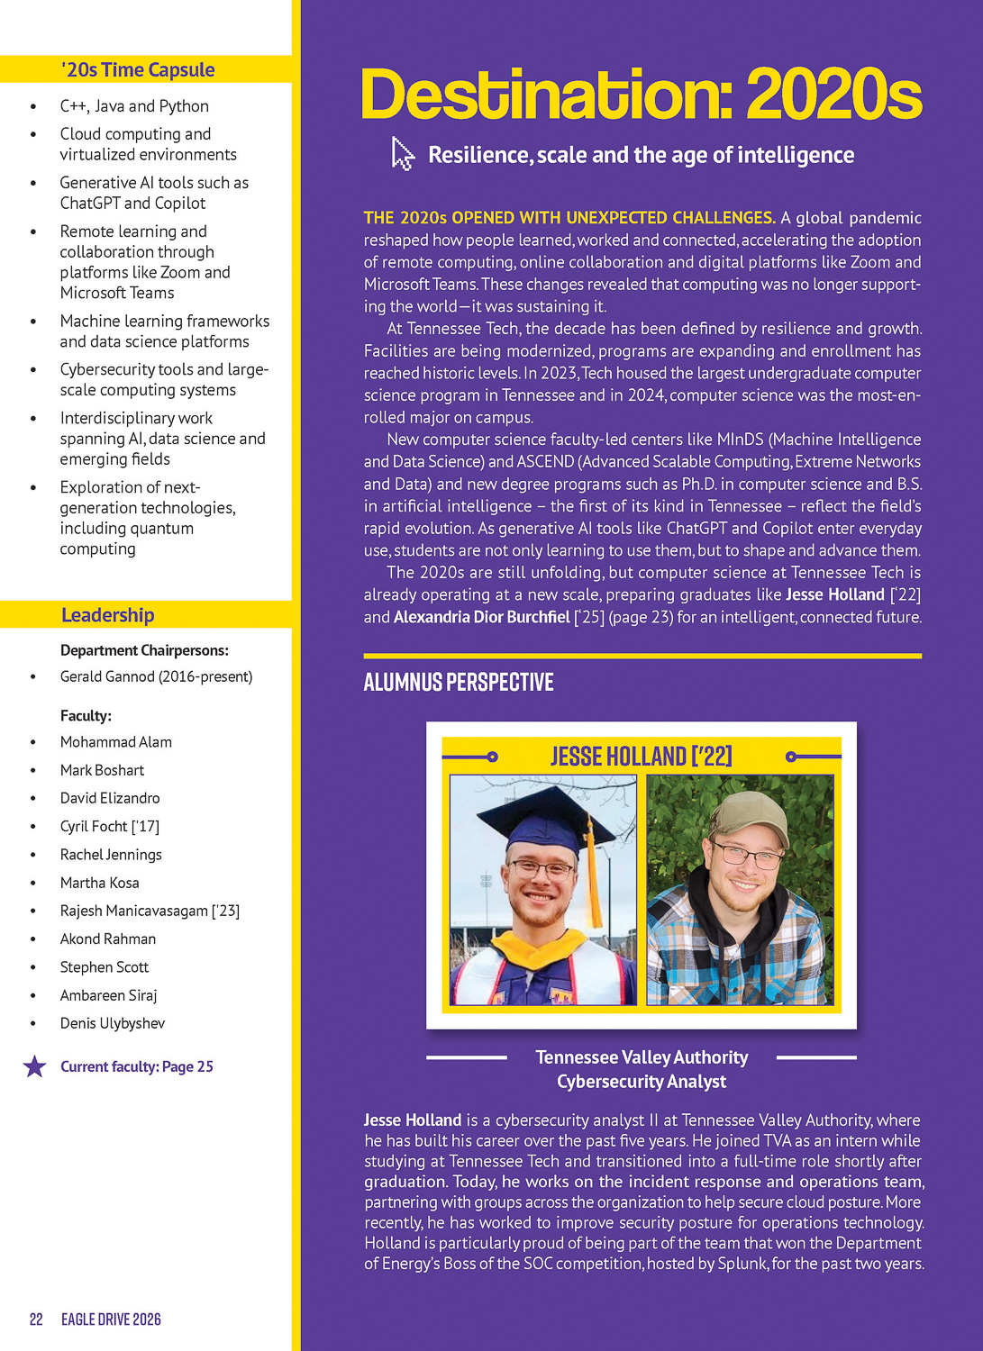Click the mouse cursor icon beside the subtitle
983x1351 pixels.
402,154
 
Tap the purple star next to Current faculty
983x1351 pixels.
34,1067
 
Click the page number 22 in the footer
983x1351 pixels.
36,1319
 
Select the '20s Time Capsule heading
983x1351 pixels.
138,70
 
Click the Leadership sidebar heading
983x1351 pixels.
108,615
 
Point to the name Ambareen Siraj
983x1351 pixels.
108,995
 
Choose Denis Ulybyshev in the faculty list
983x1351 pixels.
113,1023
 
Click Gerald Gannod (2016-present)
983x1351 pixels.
156,676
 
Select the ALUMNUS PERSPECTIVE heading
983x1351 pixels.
459,682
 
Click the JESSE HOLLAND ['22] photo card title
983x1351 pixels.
641,756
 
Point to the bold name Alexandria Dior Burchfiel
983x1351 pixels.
482,617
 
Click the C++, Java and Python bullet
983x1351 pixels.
134,106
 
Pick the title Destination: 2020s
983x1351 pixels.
641,95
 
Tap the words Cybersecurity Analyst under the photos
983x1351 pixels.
641,1082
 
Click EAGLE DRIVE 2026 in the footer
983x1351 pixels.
111,1319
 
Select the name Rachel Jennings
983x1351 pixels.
111,855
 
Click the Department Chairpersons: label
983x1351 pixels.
144,650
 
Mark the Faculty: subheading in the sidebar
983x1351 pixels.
86,716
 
